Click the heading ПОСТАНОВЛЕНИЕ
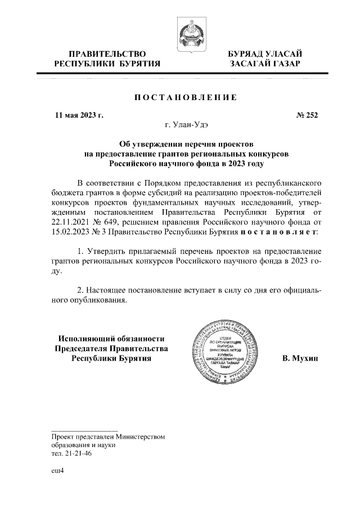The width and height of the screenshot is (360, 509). tap(185, 97)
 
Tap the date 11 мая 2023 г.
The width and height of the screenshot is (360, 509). tap(79, 116)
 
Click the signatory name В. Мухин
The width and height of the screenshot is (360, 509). tap(300, 358)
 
